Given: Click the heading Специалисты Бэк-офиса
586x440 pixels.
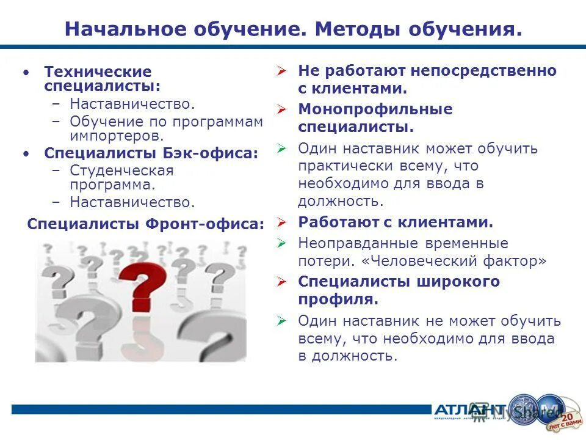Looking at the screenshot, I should pyautogui.click(x=151, y=153).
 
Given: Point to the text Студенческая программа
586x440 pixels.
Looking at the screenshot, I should pyautogui.click(x=121, y=177).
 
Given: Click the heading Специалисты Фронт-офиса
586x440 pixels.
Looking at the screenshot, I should pyautogui.click(x=146, y=224).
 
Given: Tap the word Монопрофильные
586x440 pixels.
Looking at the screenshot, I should pyautogui.click(x=375, y=109).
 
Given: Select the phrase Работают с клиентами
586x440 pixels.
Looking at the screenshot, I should pyautogui.click(x=396, y=222).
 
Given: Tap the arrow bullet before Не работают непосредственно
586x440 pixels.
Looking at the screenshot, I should pyautogui.click(x=281, y=71).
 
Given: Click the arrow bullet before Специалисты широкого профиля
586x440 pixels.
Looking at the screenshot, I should pyautogui.click(x=281, y=282).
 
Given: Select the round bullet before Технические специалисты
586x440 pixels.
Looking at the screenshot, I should pyautogui.click(x=26, y=72).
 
